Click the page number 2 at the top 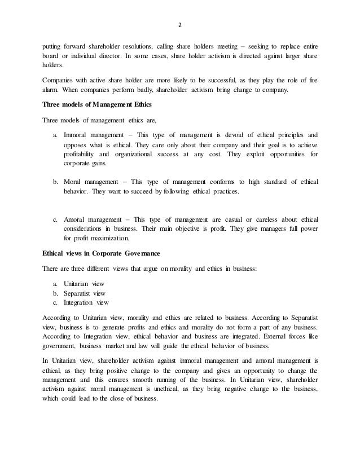coord(180,25)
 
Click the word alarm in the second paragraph coord(51,89)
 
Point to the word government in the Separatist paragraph coord(58,346)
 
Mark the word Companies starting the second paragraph coord(60,80)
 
